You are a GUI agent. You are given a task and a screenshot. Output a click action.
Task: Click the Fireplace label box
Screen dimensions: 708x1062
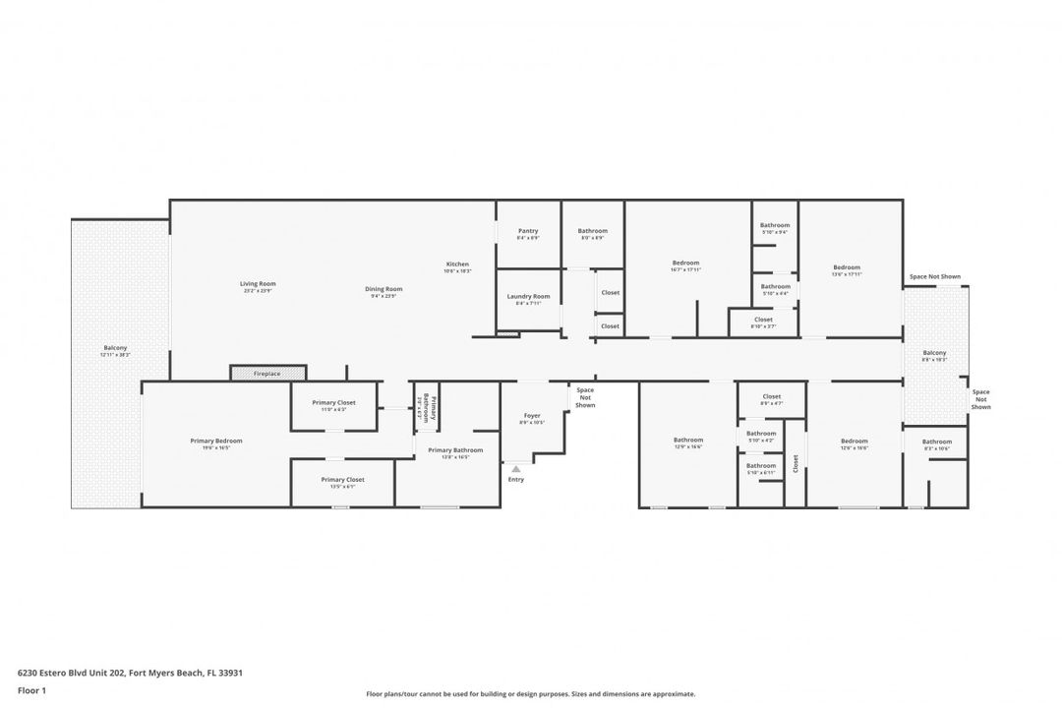(x=267, y=374)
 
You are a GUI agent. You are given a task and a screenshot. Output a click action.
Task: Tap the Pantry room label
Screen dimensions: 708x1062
(x=528, y=231)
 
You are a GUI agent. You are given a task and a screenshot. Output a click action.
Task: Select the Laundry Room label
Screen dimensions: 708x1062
(x=528, y=297)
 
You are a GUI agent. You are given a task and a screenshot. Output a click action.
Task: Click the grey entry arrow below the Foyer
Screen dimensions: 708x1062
(x=516, y=469)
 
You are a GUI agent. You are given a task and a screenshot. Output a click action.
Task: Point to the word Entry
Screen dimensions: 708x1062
(x=516, y=480)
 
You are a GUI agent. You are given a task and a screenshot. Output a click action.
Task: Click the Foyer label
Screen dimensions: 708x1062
(x=532, y=416)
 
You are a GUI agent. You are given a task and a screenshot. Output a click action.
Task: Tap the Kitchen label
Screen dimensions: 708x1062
(x=457, y=264)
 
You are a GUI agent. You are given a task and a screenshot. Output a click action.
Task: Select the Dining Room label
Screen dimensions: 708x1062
(x=383, y=289)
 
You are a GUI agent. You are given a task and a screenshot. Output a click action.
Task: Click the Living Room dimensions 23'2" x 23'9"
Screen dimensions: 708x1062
(x=258, y=290)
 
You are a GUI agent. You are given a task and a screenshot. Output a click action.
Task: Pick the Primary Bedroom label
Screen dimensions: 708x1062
(x=216, y=441)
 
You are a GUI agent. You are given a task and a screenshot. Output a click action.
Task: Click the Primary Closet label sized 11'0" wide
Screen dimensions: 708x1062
(x=333, y=402)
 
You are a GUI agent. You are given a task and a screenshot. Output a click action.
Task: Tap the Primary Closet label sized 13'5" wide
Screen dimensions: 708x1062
(x=342, y=480)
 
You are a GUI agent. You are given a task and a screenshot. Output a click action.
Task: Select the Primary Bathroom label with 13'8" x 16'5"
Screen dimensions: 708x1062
(x=448, y=450)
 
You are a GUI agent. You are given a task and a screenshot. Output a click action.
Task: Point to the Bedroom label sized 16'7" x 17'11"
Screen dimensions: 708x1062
(x=685, y=263)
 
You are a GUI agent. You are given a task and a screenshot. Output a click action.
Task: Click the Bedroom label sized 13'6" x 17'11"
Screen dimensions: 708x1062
(x=847, y=267)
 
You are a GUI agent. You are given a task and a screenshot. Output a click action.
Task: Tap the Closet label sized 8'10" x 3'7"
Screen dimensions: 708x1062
(x=763, y=319)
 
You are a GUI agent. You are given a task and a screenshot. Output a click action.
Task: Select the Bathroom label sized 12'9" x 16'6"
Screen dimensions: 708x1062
(x=688, y=440)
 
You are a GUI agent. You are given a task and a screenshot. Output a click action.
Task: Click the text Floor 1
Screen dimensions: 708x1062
(x=31, y=691)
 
